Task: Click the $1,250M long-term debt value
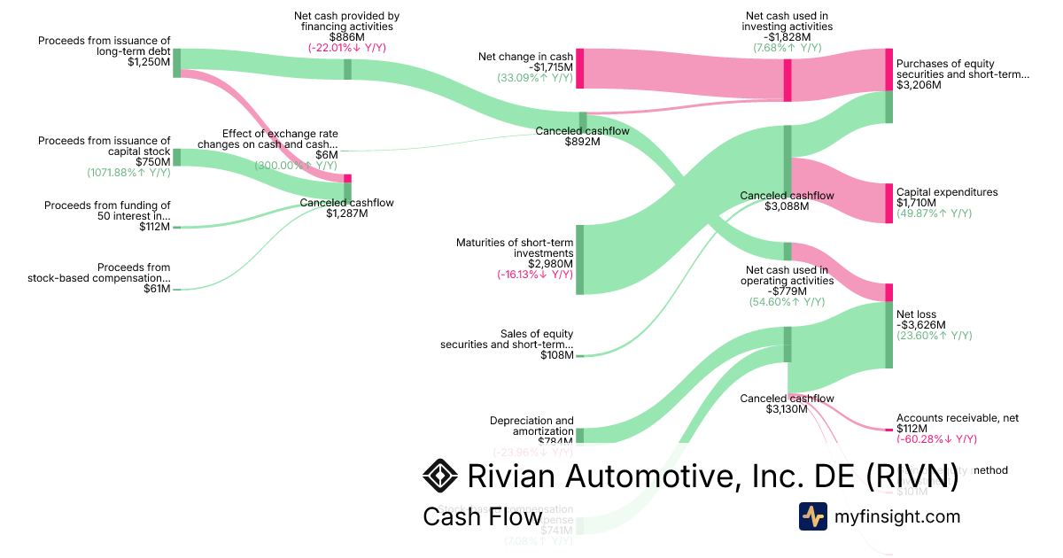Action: point(149,62)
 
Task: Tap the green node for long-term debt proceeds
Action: point(176,63)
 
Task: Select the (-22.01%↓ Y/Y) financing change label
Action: point(346,48)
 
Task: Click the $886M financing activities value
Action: point(346,37)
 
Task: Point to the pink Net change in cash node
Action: point(580,69)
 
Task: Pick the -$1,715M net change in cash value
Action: point(551,67)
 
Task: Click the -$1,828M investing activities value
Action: point(787,37)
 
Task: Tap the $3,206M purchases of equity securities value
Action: point(919,86)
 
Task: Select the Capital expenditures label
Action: point(947,192)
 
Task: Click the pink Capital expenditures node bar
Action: point(888,203)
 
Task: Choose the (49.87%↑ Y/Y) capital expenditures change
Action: point(934,213)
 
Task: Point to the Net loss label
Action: point(916,314)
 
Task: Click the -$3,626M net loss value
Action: point(920,325)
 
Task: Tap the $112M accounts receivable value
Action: point(912,429)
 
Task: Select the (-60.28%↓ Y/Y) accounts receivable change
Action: point(936,439)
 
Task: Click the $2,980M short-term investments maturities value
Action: point(551,264)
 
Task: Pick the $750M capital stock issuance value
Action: point(153,162)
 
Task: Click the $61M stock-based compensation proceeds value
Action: point(157,289)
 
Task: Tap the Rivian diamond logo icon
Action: point(440,476)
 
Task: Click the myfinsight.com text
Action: point(897,516)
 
